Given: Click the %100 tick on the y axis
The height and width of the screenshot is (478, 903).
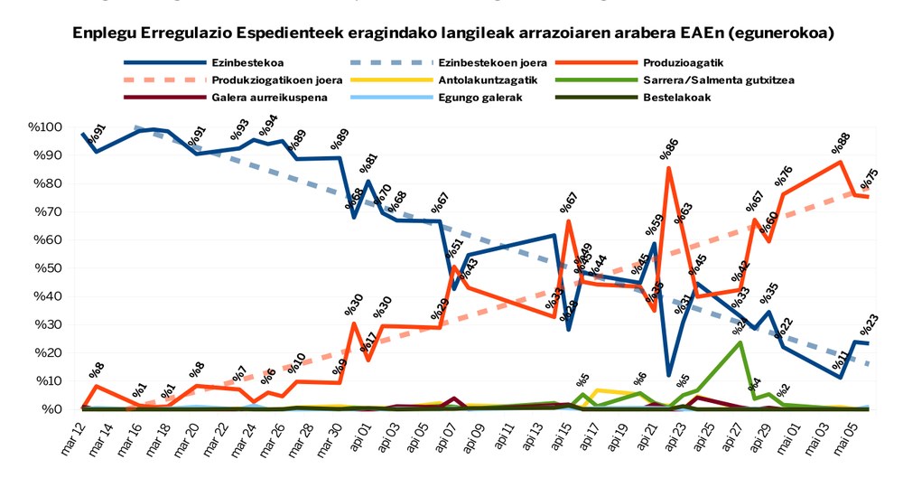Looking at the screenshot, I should click(x=48, y=127).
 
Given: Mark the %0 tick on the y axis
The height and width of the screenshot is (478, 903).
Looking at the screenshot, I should click(x=55, y=409).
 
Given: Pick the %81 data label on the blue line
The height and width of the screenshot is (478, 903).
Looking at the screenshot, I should click(x=368, y=164).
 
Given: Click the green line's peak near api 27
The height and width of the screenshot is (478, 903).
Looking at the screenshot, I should click(x=740, y=342).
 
